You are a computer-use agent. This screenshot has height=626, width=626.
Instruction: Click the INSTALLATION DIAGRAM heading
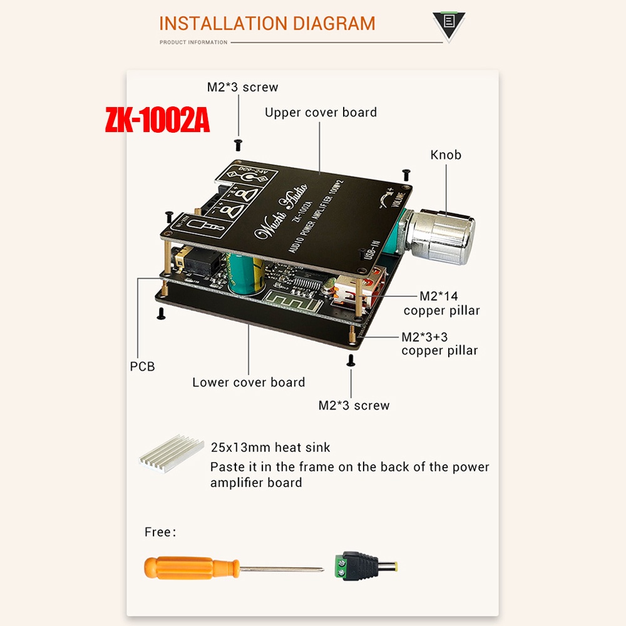coord(267,24)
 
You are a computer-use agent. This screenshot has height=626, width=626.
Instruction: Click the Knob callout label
coord(446,155)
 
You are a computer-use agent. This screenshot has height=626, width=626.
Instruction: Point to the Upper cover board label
coord(321,113)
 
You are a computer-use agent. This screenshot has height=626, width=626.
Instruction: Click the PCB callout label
coord(142,367)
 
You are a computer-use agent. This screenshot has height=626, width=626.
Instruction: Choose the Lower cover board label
coord(249,382)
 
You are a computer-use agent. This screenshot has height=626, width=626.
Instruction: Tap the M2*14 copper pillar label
coord(441,303)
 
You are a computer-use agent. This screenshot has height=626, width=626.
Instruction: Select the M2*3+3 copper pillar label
coord(439,344)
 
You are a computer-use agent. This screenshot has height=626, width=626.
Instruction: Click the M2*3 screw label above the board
coord(242,88)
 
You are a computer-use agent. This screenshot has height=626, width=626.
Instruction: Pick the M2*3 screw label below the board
coord(354,406)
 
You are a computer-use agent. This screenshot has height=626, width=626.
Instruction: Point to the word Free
coord(158,533)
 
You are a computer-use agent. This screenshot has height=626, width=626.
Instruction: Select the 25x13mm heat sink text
coord(270,448)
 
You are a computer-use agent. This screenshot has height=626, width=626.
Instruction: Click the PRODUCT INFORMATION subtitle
coord(193,43)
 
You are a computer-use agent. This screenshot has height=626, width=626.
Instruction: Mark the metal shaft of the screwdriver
coord(282,569)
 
